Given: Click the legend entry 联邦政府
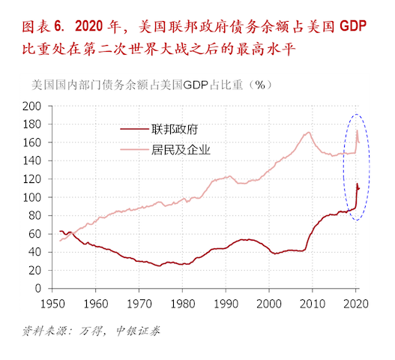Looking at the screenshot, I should [174, 129].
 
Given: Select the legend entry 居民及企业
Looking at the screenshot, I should [180, 149].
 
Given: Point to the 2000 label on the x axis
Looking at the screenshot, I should [270, 304].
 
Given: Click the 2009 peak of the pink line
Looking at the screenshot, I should [309, 133].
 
